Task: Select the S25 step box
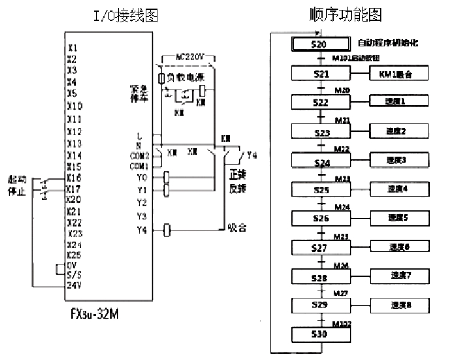(321, 190)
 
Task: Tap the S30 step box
(321, 334)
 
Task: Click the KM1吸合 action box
(391, 74)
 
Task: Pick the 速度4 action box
(391, 190)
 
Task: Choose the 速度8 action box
(391, 305)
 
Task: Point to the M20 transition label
(343, 90)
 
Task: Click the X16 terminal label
(74, 178)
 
